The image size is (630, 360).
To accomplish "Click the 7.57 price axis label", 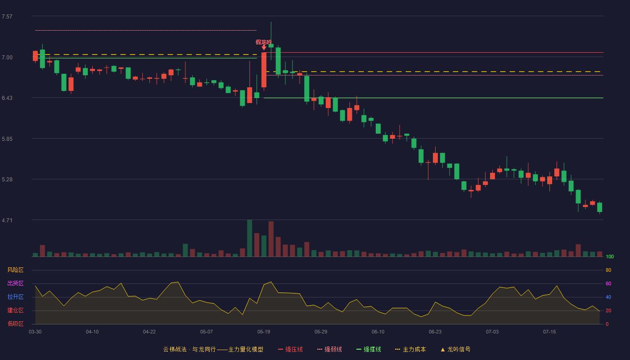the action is [7, 17].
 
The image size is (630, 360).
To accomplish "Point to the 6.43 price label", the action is [7, 98].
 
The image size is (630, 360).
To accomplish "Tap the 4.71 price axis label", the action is [7, 220].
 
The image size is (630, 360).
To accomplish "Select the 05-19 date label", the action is [264, 332].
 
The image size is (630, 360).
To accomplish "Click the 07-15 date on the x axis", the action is [549, 332].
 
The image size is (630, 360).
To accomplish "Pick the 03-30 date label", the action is [35, 332].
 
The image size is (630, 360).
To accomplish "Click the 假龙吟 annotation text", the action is [264, 42].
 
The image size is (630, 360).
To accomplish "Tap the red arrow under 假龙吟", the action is [264, 47].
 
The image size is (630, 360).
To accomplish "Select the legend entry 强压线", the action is [290, 349].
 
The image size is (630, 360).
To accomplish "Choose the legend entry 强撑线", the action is [369, 349].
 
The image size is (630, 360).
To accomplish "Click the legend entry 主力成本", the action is [410, 349].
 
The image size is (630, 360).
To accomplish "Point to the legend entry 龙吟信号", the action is [455, 349].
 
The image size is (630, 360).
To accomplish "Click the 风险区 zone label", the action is [15, 270].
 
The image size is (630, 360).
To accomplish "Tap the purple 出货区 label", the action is [15, 283].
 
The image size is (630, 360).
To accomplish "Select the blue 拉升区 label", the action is [15, 297].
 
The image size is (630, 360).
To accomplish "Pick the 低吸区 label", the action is [15, 324].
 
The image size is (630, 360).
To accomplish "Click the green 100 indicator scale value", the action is [610, 256].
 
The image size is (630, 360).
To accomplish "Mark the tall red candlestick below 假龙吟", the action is [264, 70].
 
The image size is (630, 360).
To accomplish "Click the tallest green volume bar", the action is [249, 238].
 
